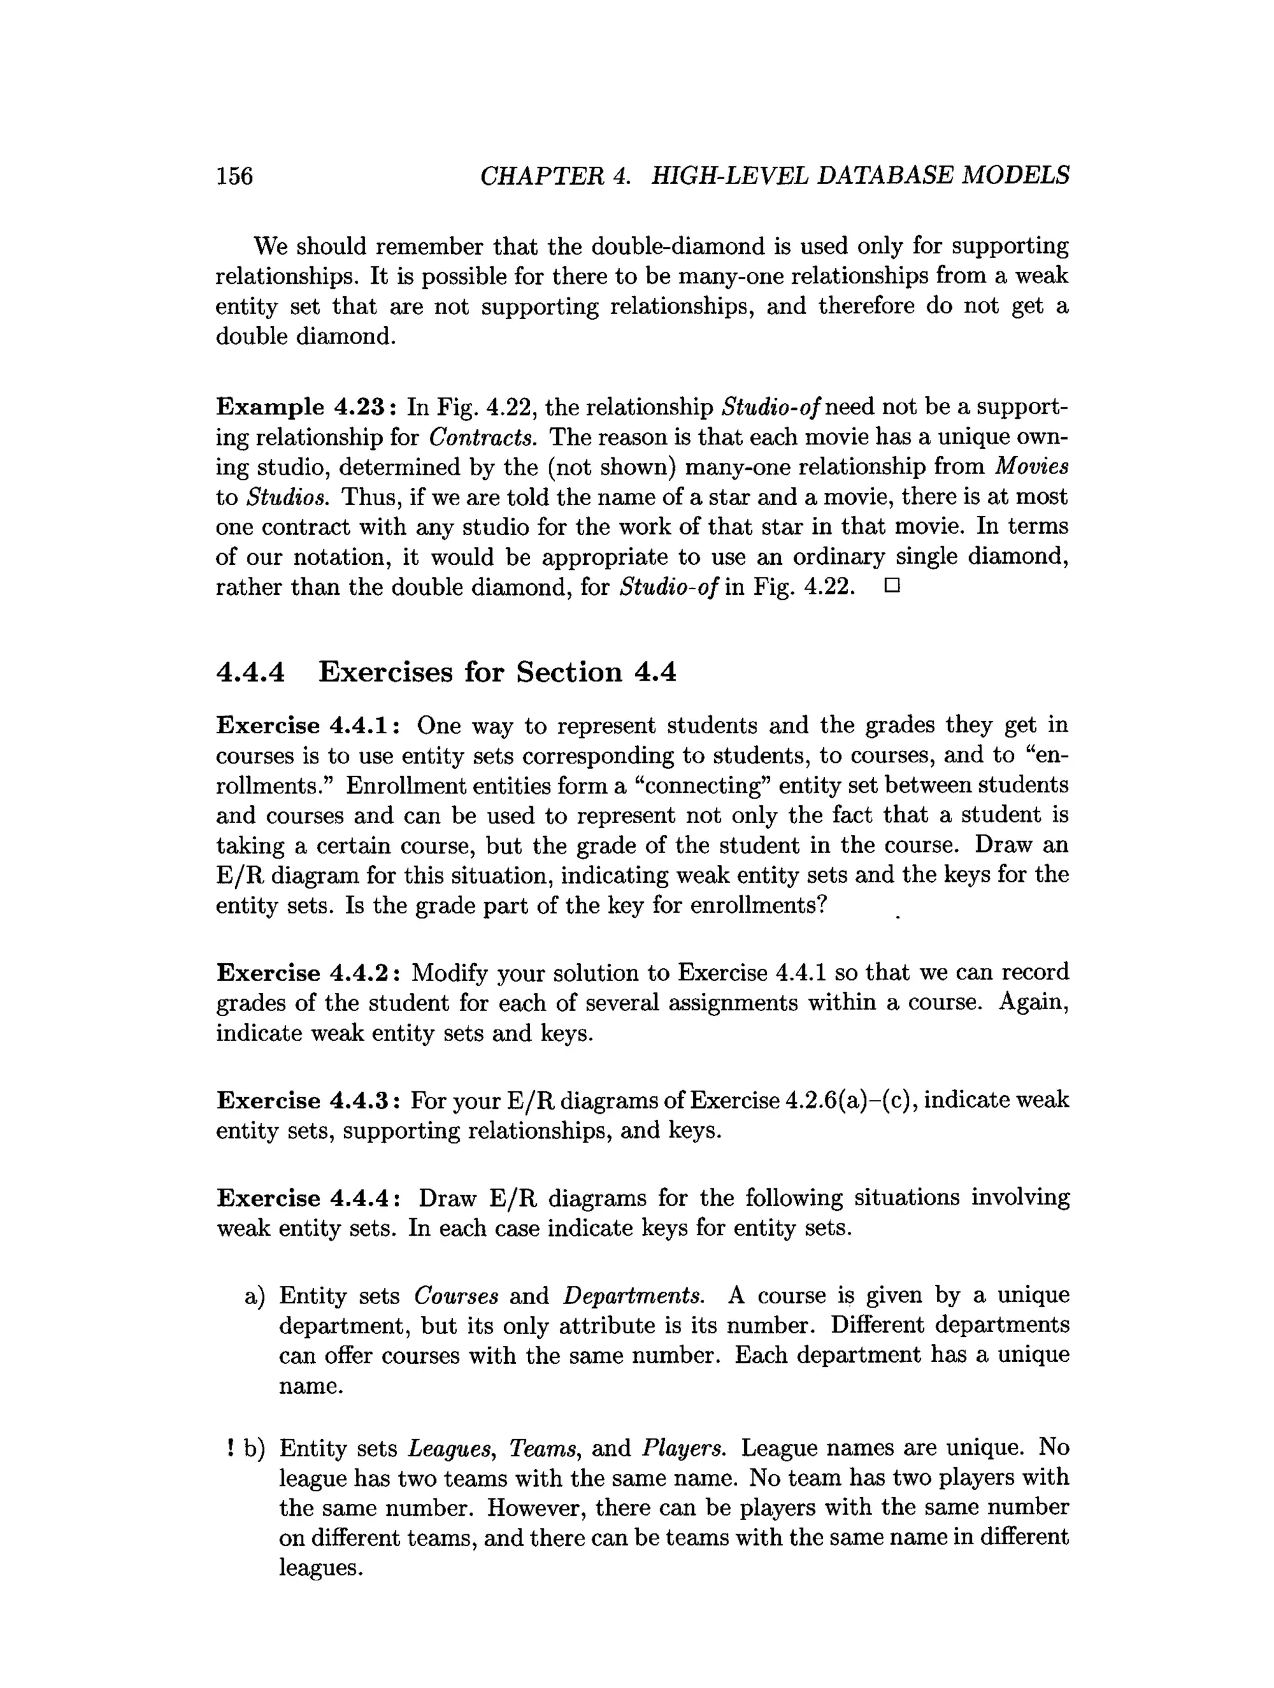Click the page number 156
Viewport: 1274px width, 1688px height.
coord(234,176)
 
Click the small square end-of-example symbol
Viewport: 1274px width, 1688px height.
coord(893,587)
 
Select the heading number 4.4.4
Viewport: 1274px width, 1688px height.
coord(250,673)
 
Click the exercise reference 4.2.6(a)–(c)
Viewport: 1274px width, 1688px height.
coord(850,1101)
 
